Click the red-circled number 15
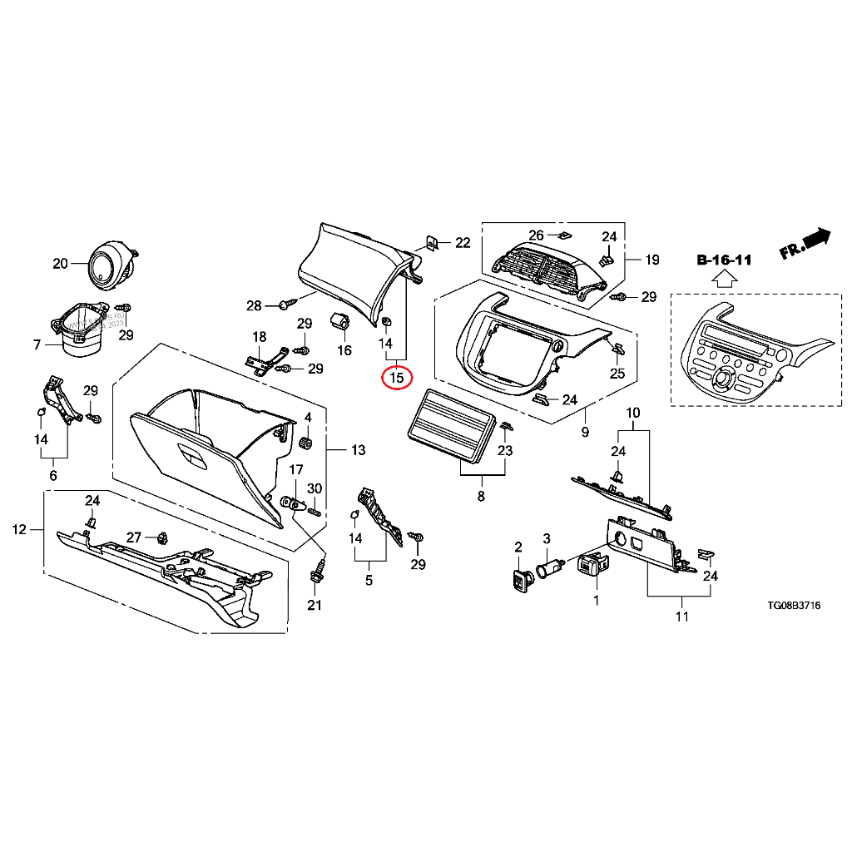397,377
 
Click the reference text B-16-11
723,260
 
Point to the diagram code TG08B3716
793,606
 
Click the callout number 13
358,451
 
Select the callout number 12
18,529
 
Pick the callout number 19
651,260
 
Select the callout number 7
37,344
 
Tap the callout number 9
584,433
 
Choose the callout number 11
681,617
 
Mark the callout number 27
133,537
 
